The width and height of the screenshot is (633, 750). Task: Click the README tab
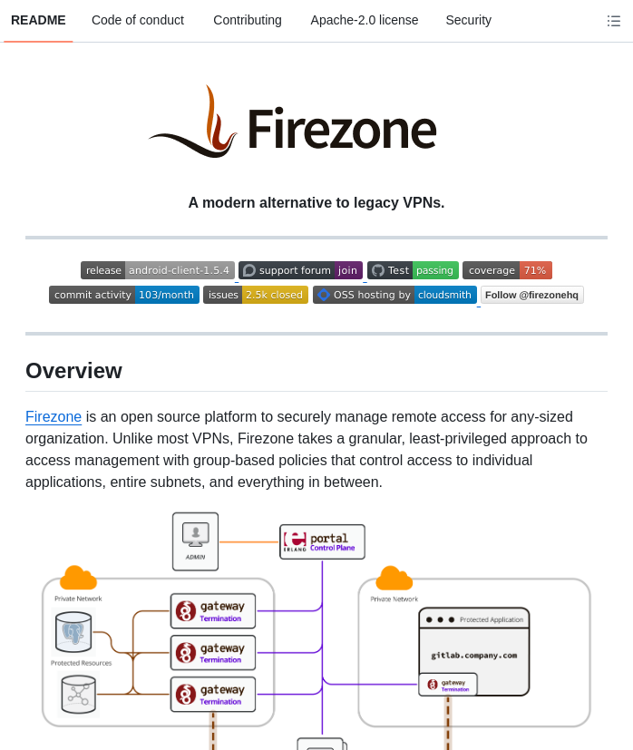[x=38, y=20]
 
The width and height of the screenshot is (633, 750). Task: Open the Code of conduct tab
[x=138, y=20]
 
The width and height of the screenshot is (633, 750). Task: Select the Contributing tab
[x=248, y=20]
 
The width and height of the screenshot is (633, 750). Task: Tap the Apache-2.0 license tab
[x=365, y=20]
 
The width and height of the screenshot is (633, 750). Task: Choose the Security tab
[x=468, y=20]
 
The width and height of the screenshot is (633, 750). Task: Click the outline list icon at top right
[x=614, y=21]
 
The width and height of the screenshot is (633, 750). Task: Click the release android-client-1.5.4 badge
[x=158, y=270]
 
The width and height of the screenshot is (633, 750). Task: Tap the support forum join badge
[x=300, y=270]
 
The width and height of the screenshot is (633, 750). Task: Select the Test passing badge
[x=413, y=270]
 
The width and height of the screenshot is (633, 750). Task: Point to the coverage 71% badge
[x=507, y=270]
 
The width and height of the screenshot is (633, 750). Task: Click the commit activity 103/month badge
[x=124, y=295]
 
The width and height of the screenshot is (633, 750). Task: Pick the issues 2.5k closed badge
[x=256, y=295]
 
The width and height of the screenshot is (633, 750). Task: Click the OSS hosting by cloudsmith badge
[x=394, y=295]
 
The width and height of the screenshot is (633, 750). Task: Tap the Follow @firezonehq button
[x=531, y=295]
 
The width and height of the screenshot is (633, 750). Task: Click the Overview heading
[x=73, y=371]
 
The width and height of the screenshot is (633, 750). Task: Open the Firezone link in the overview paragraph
[x=54, y=417]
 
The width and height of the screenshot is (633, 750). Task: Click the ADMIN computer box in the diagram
[x=196, y=541]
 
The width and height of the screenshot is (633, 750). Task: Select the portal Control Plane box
[x=322, y=541]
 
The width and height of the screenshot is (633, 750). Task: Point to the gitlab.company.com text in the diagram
[x=473, y=655]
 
